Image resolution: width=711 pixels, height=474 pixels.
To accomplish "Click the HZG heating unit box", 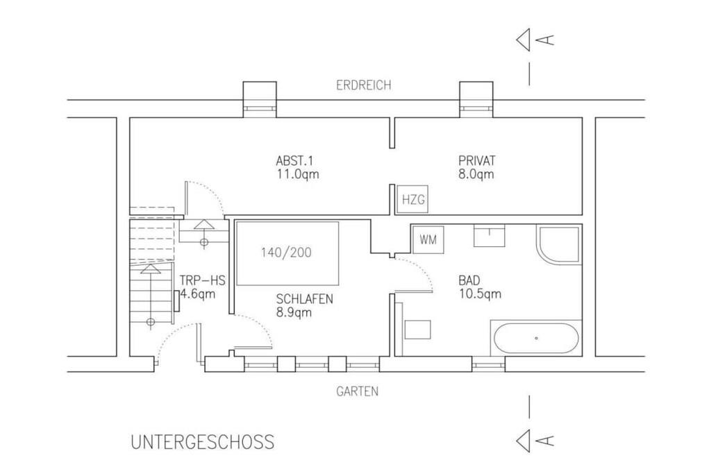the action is point(412,199).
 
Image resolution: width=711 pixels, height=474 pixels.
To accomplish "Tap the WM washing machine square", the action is point(428,239).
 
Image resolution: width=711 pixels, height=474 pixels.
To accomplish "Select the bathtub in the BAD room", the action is point(536,338).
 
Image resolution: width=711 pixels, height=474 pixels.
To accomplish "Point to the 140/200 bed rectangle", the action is point(287,253).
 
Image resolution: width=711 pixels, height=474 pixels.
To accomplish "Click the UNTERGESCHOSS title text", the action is point(203,442).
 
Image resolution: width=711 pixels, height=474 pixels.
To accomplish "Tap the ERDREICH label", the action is point(364,85).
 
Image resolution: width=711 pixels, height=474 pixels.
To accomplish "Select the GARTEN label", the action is point(358,391).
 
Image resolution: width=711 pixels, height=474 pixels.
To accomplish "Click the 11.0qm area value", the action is point(298,174).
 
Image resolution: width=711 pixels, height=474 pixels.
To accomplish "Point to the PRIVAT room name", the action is point(476,160).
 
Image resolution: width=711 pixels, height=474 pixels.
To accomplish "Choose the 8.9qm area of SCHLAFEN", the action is point(294,312).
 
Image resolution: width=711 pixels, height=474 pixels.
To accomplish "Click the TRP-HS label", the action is point(202,280).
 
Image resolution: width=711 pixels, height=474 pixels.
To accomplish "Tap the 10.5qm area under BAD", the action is point(480,294).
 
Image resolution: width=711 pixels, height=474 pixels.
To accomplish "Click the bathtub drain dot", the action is point(537,338).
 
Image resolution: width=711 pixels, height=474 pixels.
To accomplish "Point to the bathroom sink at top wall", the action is point(490,236).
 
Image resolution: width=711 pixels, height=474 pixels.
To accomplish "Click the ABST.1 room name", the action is point(294,160).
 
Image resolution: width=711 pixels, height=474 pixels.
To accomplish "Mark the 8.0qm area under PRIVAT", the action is point(476,174).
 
